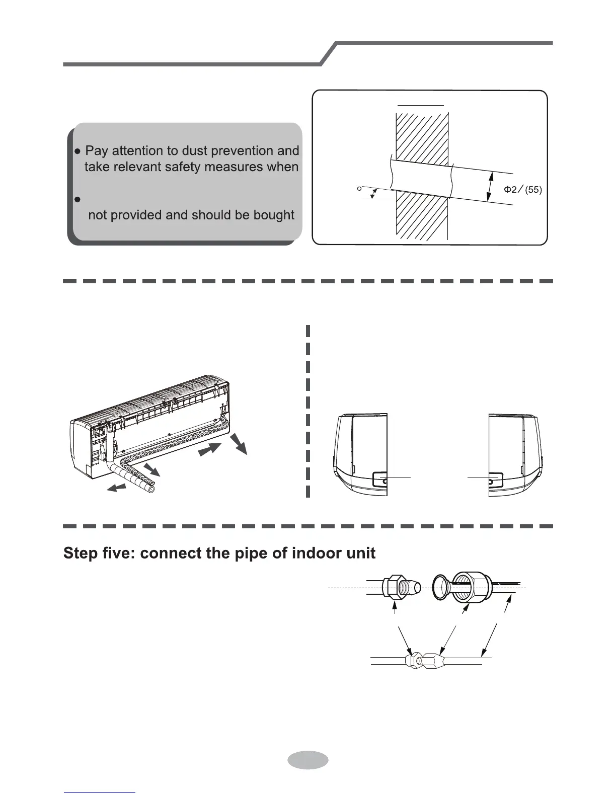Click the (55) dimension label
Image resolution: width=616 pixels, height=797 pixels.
pyautogui.click(x=533, y=190)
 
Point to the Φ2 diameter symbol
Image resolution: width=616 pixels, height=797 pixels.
pyautogui.click(x=510, y=190)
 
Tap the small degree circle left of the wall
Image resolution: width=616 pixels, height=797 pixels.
pyautogui.click(x=358, y=189)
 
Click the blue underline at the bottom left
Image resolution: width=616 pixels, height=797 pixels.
pyautogui.click(x=100, y=792)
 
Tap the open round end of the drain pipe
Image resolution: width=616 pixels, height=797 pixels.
pyautogui.click(x=150, y=488)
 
